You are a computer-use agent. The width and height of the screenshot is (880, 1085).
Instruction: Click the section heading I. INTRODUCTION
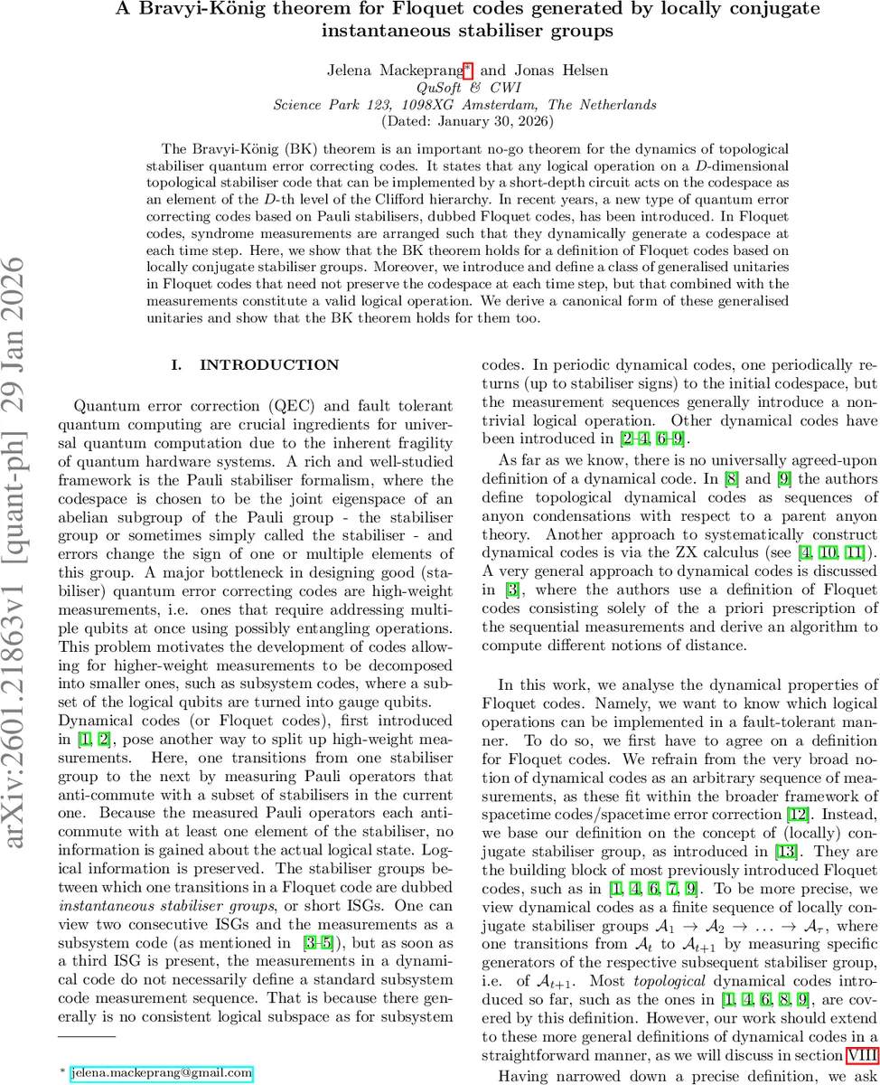(256, 365)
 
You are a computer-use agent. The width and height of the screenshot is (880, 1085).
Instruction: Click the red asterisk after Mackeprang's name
(467, 66)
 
